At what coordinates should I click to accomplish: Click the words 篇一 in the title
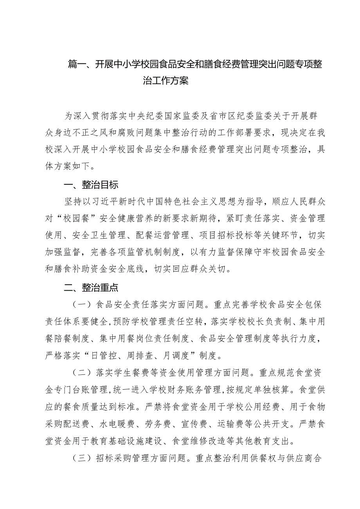77,65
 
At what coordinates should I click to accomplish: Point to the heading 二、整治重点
91,288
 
